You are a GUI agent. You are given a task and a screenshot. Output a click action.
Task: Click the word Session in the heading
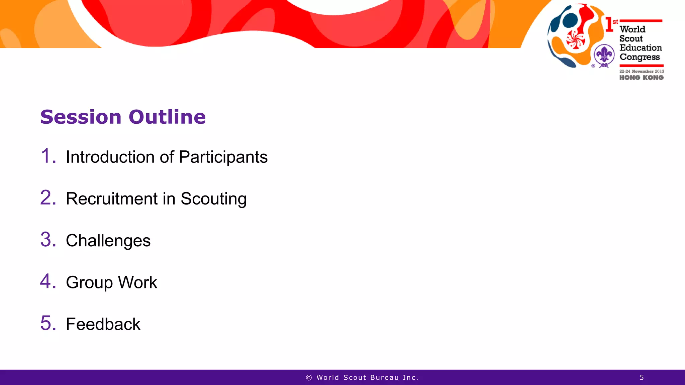(x=81, y=117)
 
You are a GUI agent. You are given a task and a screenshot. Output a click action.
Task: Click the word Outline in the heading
(x=167, y=117)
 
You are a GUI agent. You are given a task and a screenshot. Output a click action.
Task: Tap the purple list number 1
(x=47, y=156)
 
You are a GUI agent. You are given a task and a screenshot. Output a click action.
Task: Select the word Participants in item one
(x=223, y=157)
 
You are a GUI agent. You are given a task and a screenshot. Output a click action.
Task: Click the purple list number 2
(x=48, y=198)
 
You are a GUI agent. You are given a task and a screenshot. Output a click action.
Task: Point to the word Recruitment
(x=112, y=199)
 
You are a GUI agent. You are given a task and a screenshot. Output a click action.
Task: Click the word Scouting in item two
(x=213, y=199)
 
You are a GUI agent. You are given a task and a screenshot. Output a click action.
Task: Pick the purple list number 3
(x=48, y=240)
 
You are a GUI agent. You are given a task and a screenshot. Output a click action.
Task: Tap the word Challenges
(x=108, y=241)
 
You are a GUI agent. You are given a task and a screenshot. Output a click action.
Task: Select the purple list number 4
(x=48, y=281)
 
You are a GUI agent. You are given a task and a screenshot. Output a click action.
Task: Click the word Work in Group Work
(x=137, y=282)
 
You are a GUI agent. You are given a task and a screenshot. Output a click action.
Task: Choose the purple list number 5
(x=48, y=323)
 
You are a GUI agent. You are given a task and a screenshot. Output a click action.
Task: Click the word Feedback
(x=103, y=324)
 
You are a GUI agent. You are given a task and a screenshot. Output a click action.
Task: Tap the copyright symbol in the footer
(x=309, y=378)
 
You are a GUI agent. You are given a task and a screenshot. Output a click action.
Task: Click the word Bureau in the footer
(x=384, y=378)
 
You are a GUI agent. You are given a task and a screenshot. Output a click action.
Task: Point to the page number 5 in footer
(x=642, y=378)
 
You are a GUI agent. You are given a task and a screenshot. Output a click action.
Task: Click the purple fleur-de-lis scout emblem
(x=604, y=55)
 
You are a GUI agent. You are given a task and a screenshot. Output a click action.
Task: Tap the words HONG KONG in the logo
(x=641, y=78)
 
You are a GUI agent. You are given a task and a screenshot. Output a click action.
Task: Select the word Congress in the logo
(x=640, y=57)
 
